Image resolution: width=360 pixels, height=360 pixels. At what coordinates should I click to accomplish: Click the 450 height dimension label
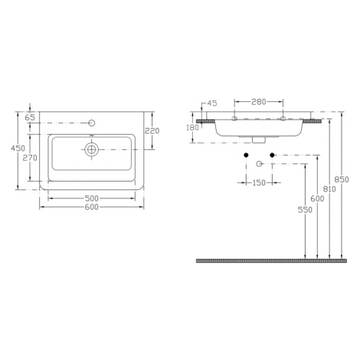(18, 148)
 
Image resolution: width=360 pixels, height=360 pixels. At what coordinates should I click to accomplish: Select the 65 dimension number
(30, 117)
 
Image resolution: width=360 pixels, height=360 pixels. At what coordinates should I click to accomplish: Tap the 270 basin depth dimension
(30, 158)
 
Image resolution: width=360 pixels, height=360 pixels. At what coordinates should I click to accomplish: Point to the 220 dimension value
(152, 131)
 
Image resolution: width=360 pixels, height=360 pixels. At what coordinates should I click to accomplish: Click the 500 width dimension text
(91, 198)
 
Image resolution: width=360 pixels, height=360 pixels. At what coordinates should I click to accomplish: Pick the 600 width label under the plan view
(91, 207)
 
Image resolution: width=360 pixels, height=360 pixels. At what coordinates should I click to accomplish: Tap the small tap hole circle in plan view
(92, 123)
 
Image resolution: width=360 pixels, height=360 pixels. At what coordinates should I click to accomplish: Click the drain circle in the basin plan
(91, 149)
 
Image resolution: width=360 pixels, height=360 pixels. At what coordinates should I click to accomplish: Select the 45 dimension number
(212, 103)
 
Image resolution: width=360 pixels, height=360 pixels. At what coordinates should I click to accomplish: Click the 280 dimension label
(259, 102)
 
